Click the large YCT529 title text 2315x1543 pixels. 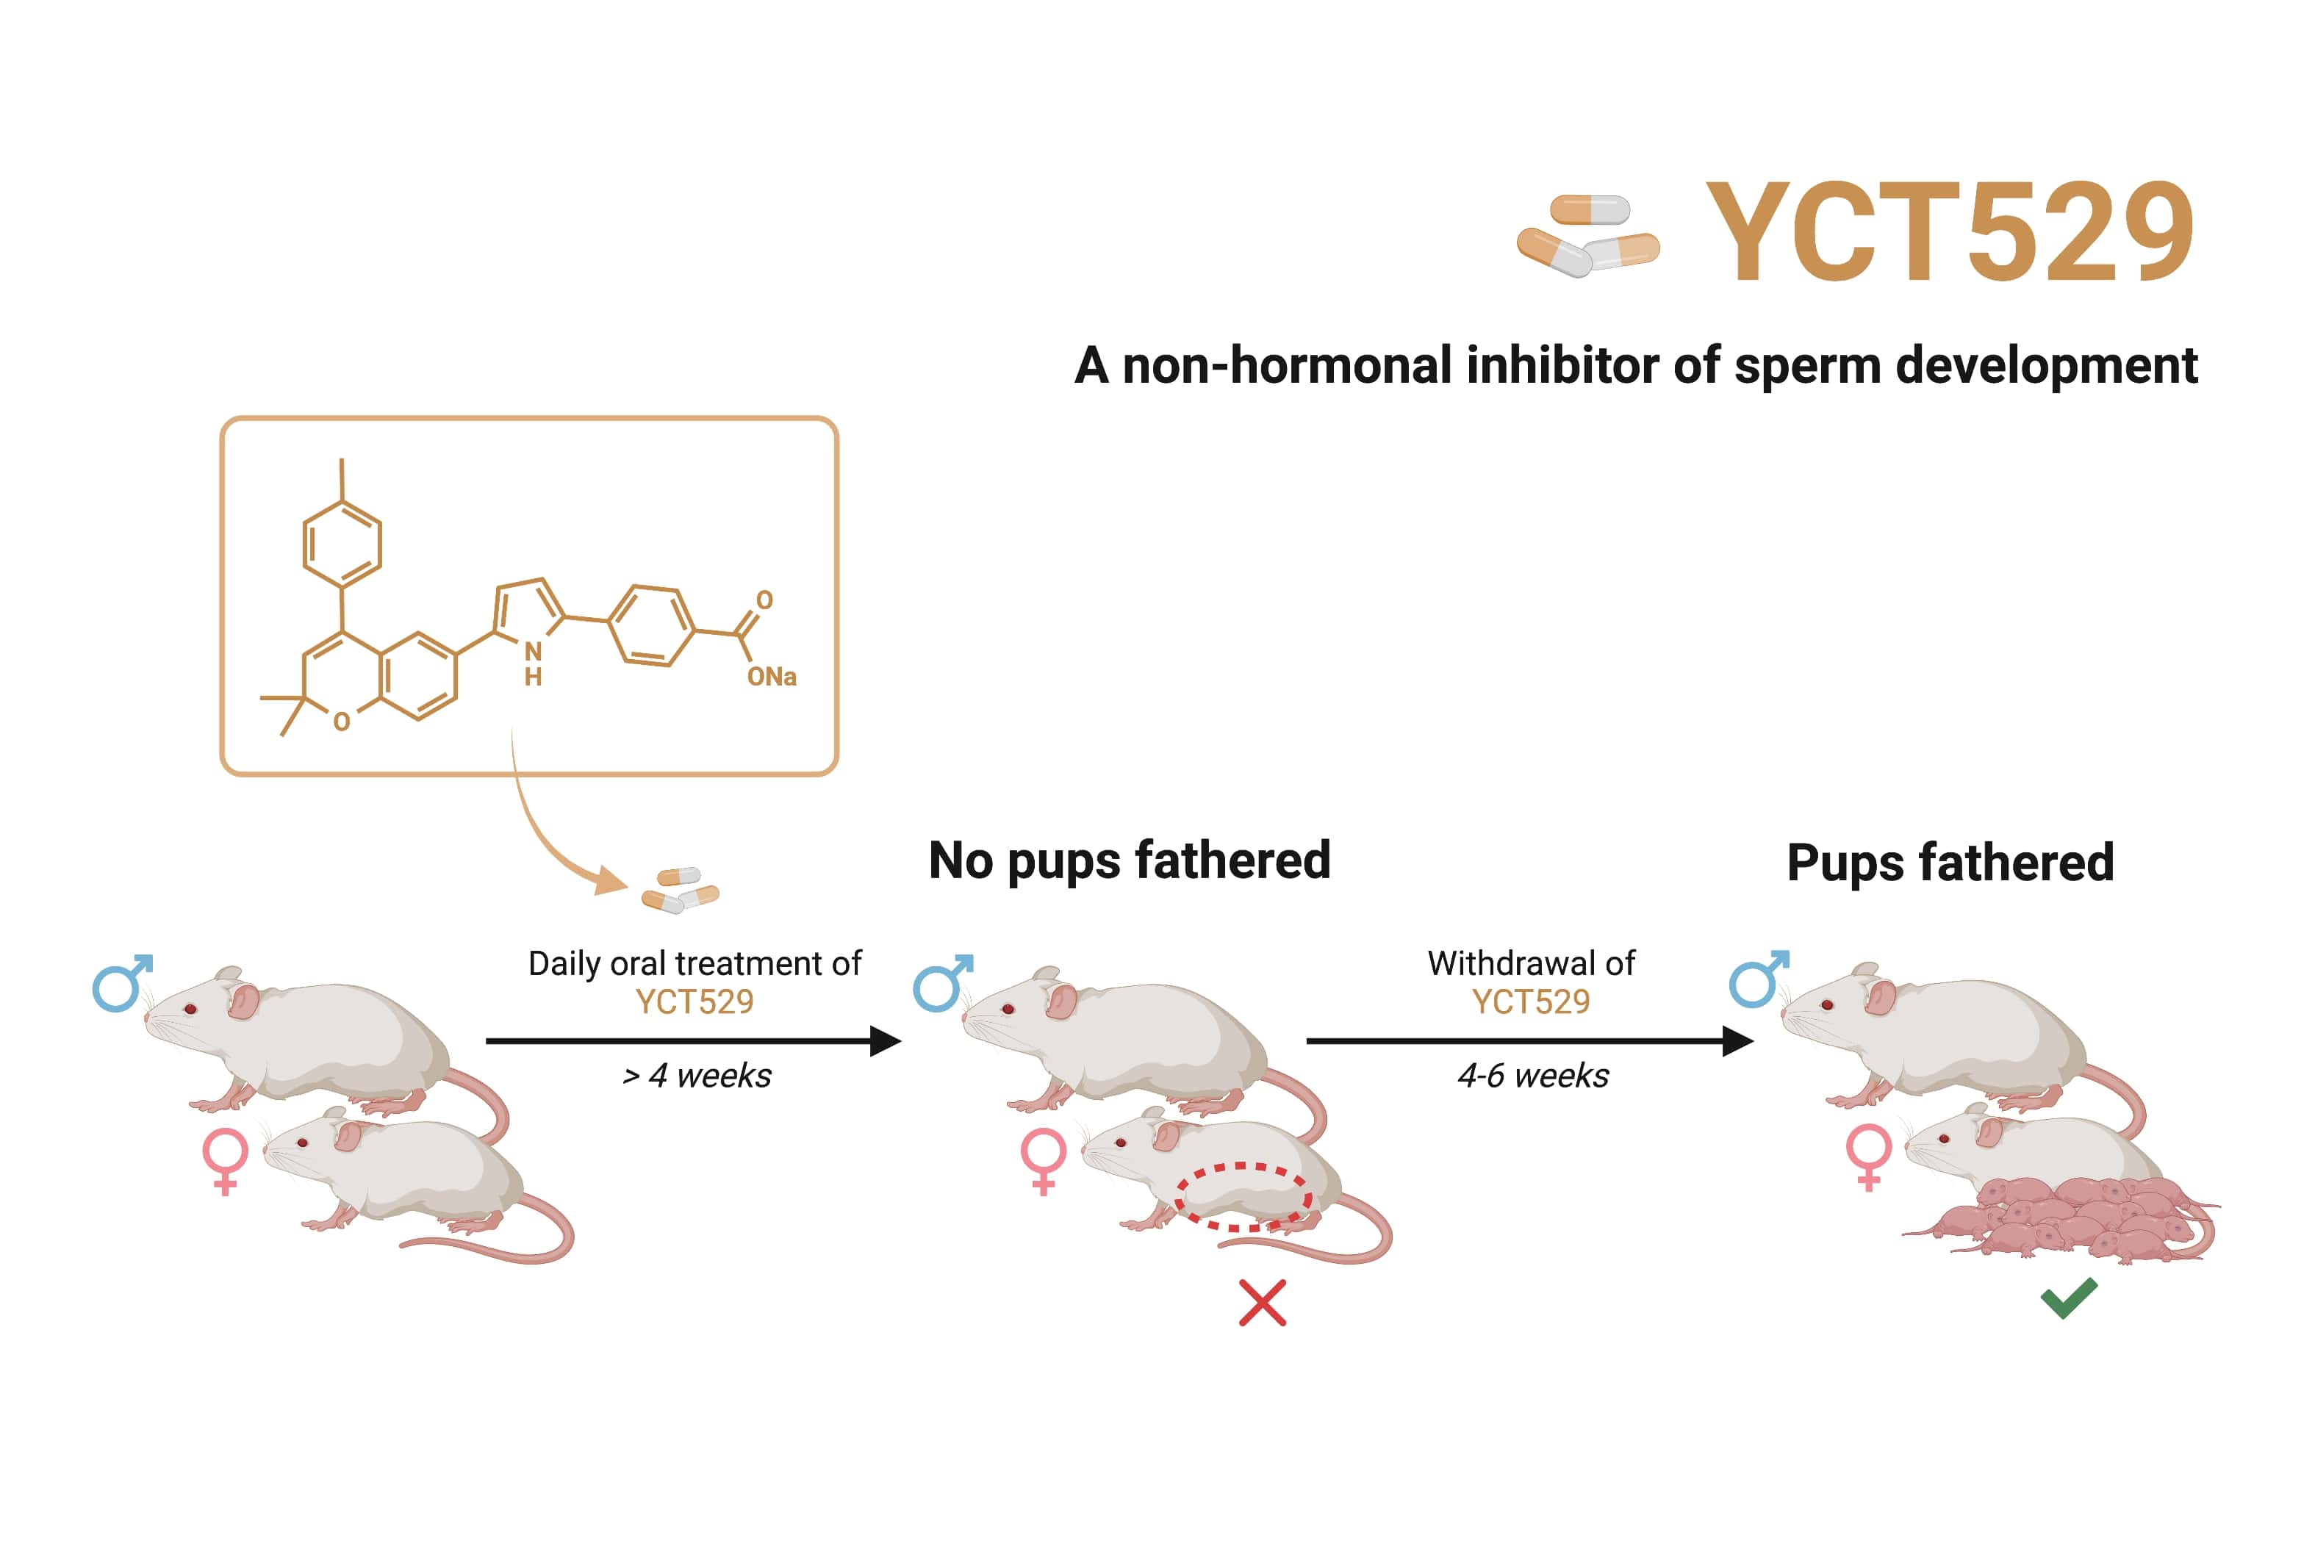point(1949,232)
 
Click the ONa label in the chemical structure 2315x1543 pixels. point(771,677)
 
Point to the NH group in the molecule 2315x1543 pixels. point(533,663)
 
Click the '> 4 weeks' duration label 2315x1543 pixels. point(697,1076)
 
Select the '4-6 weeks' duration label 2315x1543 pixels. point(1532,1076)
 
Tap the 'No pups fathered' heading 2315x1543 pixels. point(1129,860)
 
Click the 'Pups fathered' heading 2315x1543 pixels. point(1950,863)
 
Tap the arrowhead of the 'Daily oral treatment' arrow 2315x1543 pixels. point(885,1040)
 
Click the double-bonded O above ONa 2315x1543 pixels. point(764,600)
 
